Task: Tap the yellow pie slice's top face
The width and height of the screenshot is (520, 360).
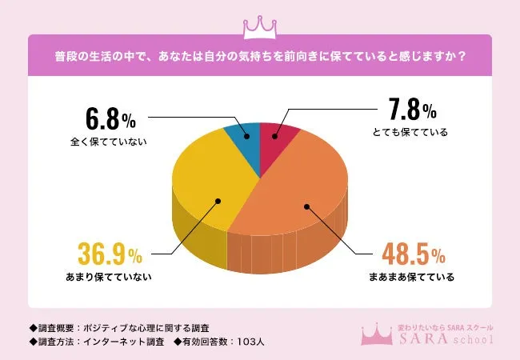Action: click(x=204, y=180)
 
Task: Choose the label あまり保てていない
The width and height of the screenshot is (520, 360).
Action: click(x=110, y=278)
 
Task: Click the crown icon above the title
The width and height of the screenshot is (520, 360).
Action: click(x=260, y=26)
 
